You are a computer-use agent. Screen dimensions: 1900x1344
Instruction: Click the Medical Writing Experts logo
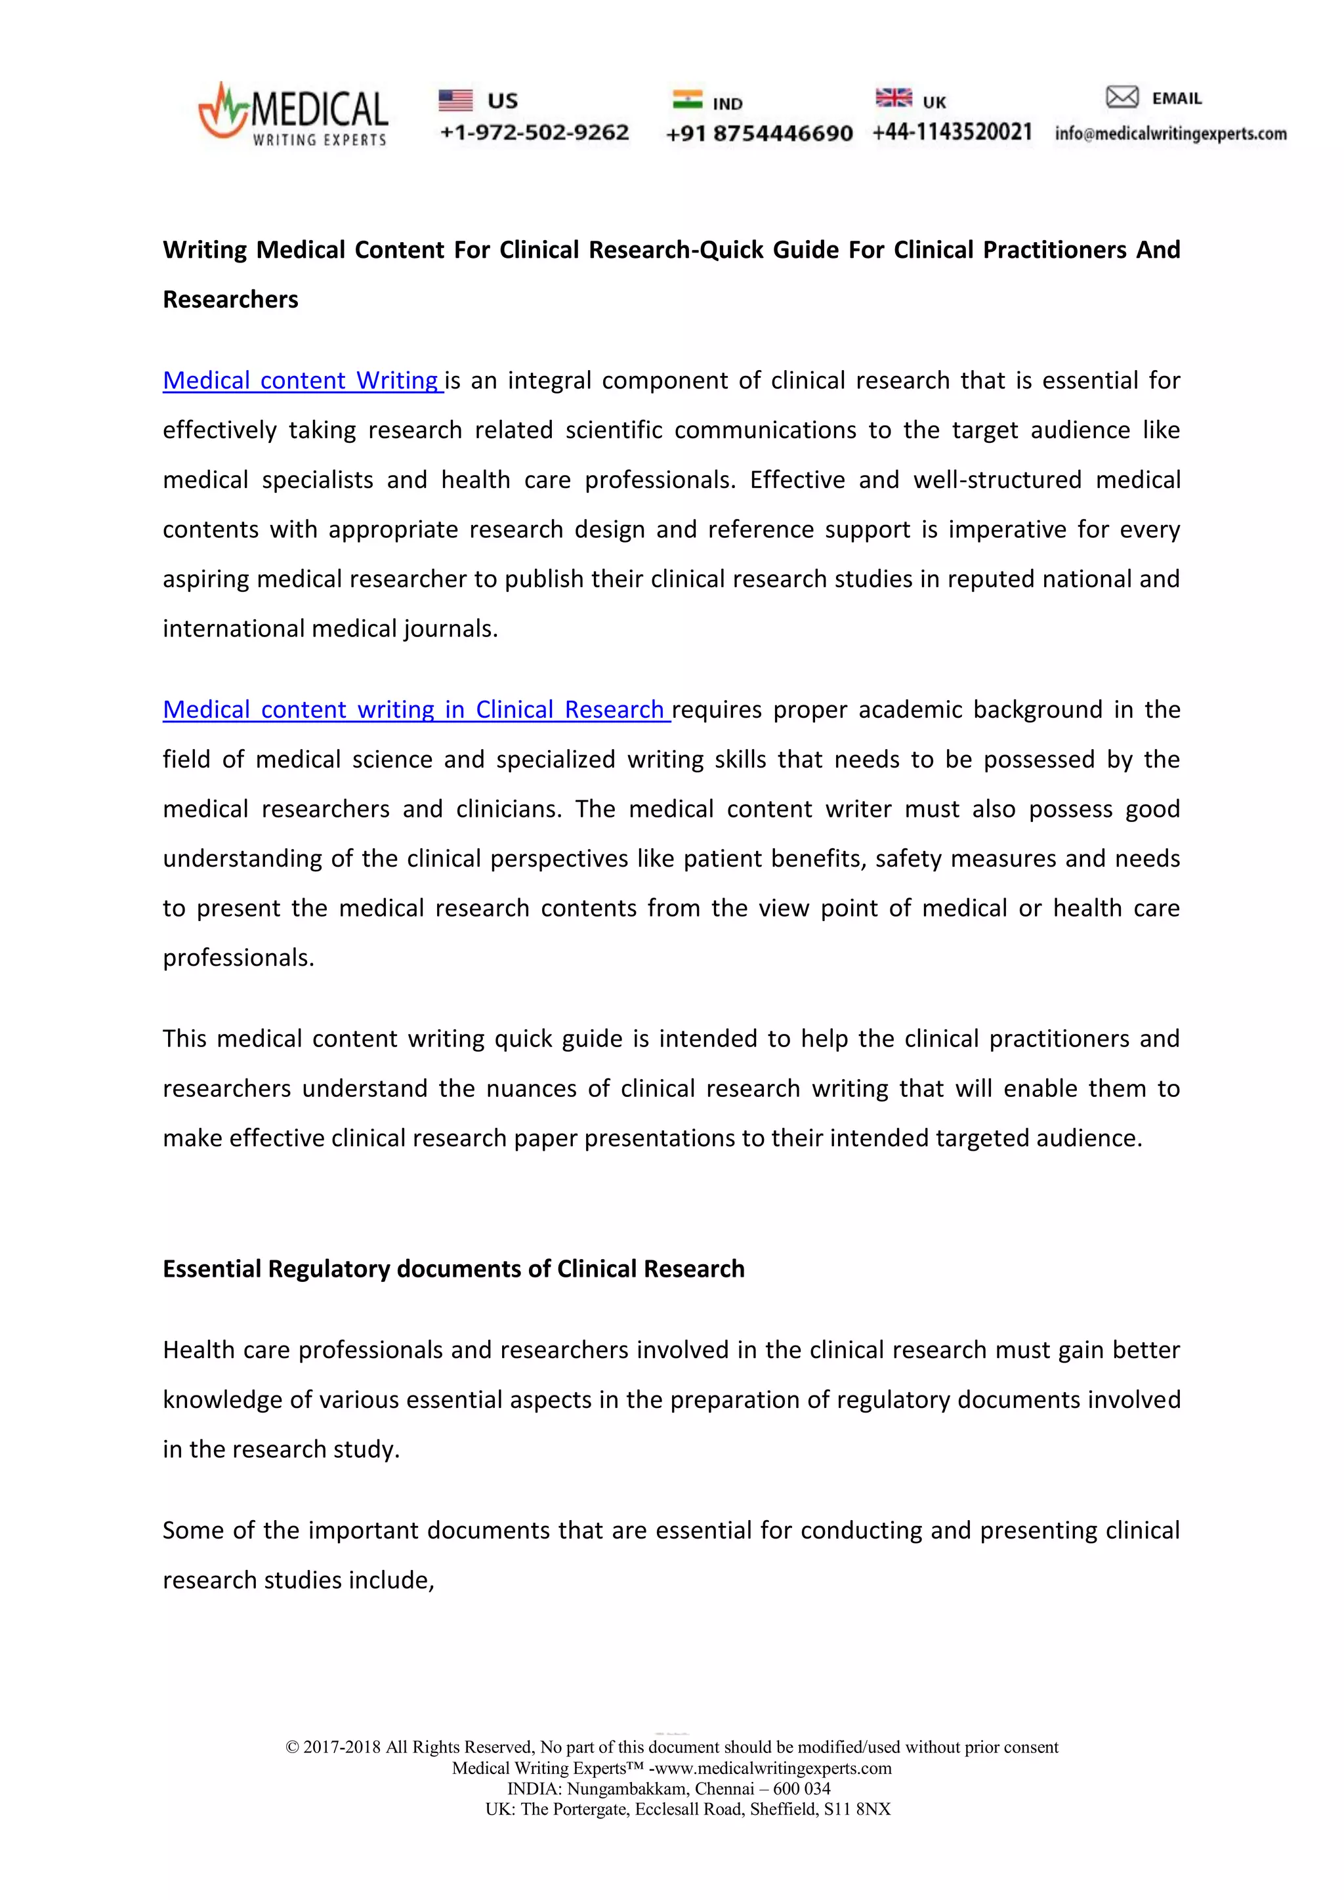pyautogui.click(x=293, y=115)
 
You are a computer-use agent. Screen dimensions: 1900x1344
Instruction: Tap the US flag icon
pyautogui.click(x=455, y=100)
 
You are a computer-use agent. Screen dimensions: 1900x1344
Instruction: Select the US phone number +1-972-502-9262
pyautogui.click(x=535, y=133)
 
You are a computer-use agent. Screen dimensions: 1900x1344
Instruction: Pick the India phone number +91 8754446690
pyautogui.click(x=759, y=133)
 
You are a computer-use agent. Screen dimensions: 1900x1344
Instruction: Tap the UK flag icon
pyautogui.click(x=893, y=98)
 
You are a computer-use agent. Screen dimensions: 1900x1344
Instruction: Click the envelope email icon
pyautogui.click(x=1122, y=98)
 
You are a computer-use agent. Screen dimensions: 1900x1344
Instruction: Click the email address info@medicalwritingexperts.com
pyautogui.click(x=1170, y=134)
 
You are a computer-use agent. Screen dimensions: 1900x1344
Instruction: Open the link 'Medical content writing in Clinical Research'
pyautogui.click(x=415, y=710)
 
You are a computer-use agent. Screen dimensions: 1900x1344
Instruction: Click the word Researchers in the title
pyautogui.click(x=230, y=300)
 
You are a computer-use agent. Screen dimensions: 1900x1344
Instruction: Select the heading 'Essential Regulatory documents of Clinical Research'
pyautogui.click(x=453, y=1269)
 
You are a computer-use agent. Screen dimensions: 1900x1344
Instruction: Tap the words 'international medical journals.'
pyautogui.click(x=330, y=629)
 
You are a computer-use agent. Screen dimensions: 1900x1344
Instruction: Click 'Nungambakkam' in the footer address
pyautogui.click(x=627, y=1789)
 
